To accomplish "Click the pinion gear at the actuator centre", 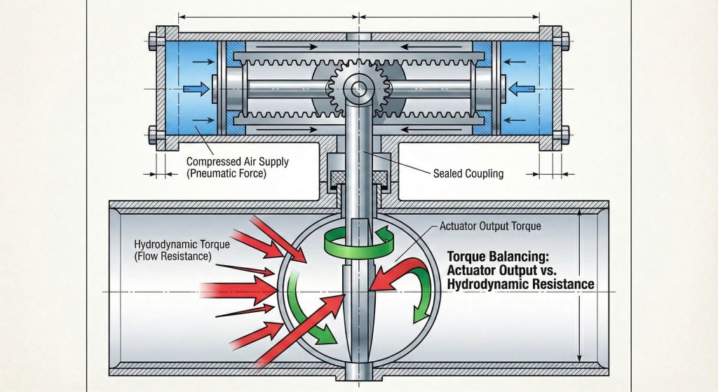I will (359, 88).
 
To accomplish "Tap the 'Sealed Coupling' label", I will (463, 173).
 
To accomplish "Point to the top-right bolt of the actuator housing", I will (559, 33).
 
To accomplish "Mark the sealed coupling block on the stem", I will (360, 175).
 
